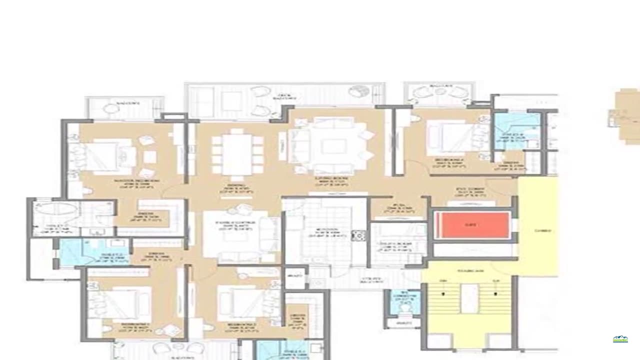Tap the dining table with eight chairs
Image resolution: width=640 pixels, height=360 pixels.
click(x=237, y=154)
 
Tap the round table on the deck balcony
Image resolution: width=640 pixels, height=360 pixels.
click(x=358, y=91)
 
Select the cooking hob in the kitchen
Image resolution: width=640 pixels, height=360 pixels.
click(x=358, y=235)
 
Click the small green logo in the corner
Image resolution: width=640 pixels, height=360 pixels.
click(x=620, y=339)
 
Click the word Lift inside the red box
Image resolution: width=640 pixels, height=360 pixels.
click(x=469, y=225)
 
